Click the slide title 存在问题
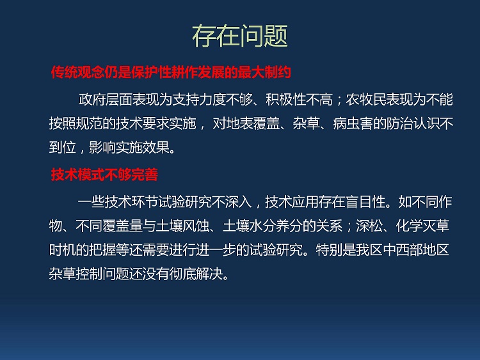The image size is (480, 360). (240, 36)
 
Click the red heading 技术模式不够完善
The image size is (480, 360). (104, 175)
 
